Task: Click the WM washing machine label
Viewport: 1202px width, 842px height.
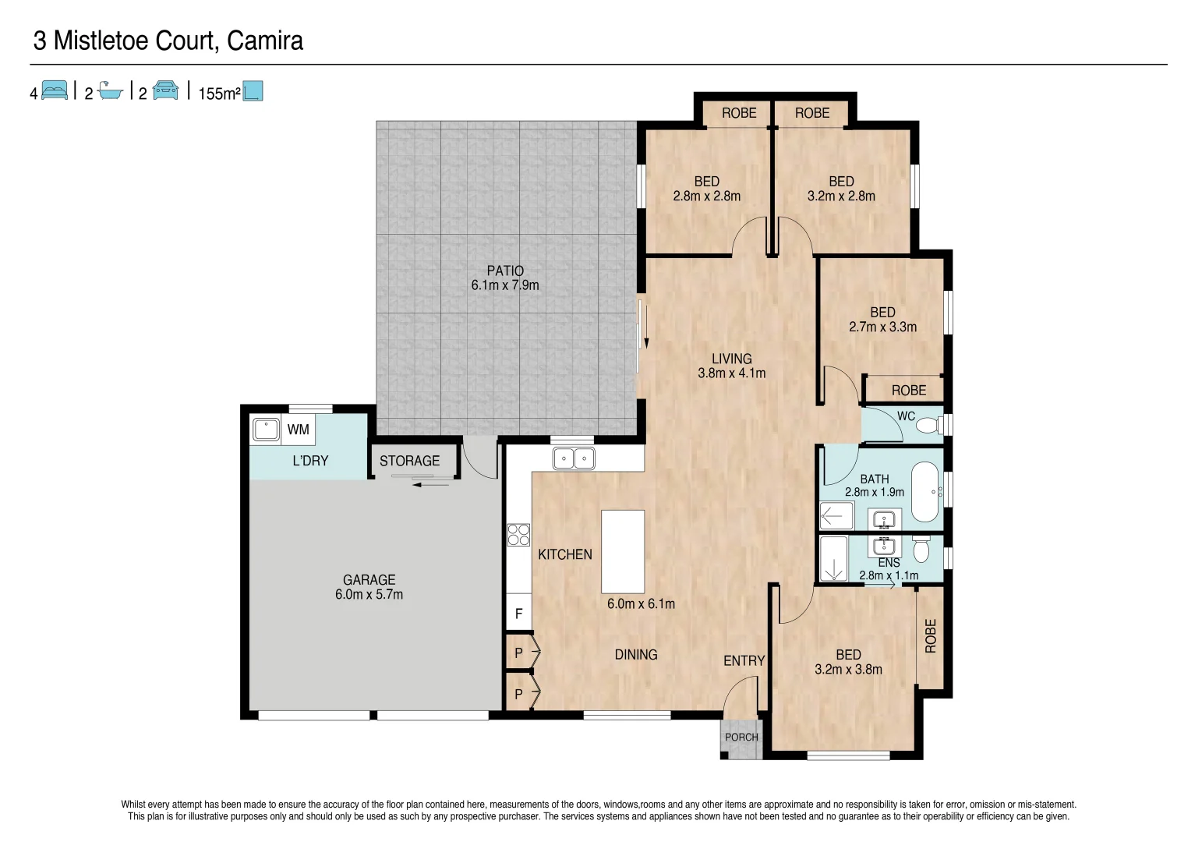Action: coord(298,430)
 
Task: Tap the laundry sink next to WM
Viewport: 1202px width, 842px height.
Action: coord(266,430)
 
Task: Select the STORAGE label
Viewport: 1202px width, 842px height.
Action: coord(409,461)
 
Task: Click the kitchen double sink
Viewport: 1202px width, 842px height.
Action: coord(574,458)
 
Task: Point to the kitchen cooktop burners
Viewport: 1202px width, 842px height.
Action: coord(518,535)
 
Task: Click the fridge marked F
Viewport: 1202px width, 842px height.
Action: coord(518,614)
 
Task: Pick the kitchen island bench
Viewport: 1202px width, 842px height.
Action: coord(623,551)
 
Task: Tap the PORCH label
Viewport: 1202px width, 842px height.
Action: coord(741,738)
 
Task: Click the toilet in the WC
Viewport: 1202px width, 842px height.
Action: coord(928,426)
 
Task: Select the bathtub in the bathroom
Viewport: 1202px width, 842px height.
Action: coord(925,492)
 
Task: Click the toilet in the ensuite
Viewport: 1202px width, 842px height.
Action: coord(921,550)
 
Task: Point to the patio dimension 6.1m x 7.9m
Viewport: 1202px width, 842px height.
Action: coord(504,285)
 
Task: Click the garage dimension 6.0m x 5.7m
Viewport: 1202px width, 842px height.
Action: coord(369,595)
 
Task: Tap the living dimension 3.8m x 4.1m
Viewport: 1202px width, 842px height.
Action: coord(731,373)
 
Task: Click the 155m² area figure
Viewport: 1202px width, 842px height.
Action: coord(219,94)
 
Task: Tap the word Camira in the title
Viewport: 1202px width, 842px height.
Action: coord(264,41)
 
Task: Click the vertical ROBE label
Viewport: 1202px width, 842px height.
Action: coord(930,635)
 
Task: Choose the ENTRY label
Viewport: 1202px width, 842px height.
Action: coord(744,661)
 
